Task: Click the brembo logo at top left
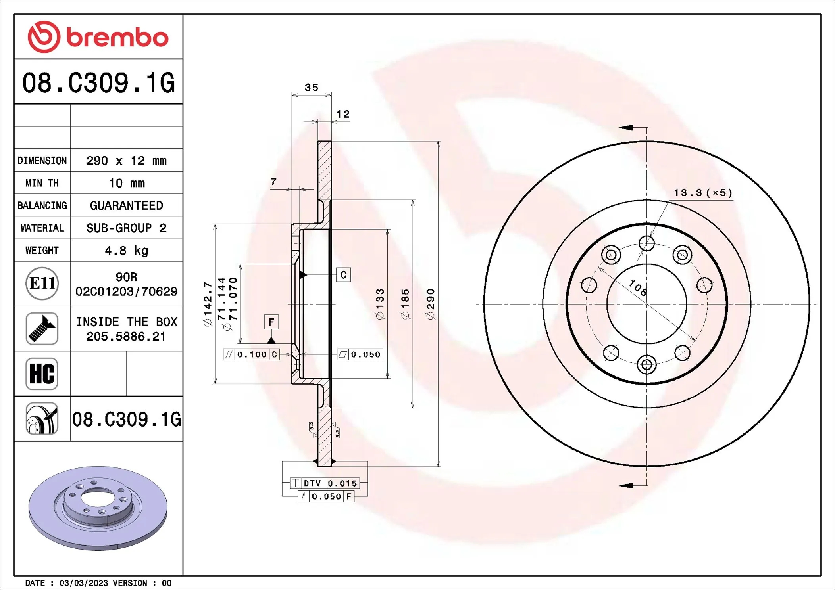point(98,37)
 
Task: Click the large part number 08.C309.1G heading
point(98,83)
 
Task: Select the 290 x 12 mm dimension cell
point(126,161)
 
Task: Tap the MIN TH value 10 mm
point(126,183)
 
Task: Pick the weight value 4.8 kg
point(126,251)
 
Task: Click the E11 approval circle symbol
point(42,284)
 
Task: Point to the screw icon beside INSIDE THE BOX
point(42,328)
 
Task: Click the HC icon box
point(42,374)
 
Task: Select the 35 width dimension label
point(312,88)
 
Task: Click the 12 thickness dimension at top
point(343,115)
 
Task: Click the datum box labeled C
point(343,275)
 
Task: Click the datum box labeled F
point(271,322)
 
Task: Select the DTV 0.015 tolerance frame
point(325,483)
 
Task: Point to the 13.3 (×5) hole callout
point(703,193)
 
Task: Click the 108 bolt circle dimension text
point(638,288)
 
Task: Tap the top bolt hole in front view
point(646,243)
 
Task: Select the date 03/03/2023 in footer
point(83,583)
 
